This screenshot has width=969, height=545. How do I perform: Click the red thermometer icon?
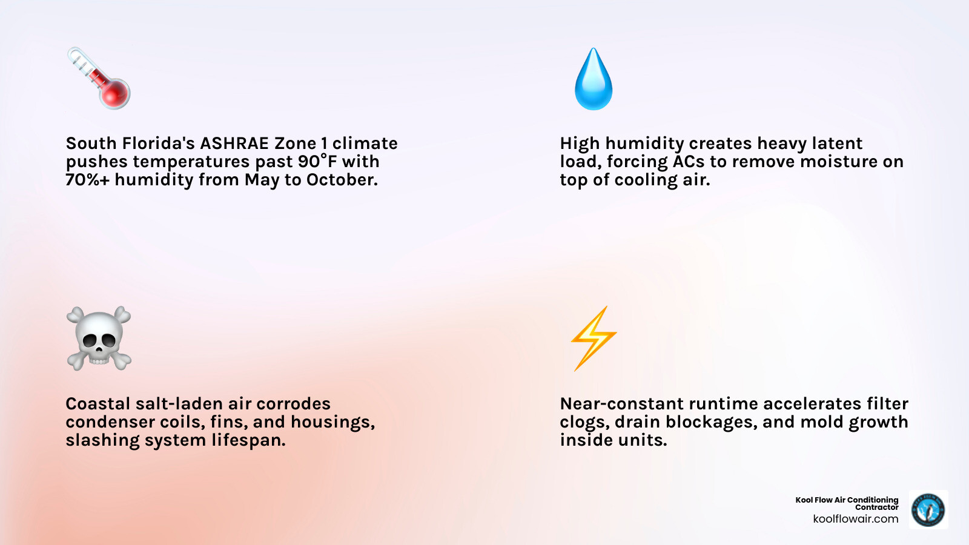pyautogui.click(x=99, y=79)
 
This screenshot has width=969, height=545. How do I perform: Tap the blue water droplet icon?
pyautogui.click(x=594, y=80)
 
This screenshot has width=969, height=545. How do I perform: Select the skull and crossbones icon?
pyautogui.click(x=99, y=338)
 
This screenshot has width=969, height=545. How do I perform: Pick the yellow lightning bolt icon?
pyautogui.click(x=594, y=338)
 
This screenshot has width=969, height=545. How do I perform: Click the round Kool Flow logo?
pyautogui.click(x=928, y=509)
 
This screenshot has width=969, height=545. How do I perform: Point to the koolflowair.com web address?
pyautogui.click(x=855, y=519)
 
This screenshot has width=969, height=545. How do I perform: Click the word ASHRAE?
pyautogui.click(x=234, y=144)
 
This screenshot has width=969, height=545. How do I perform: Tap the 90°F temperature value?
pyautogui.click(x=317, y=162)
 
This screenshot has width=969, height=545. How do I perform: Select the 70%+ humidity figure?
pyautogui.click(x=88, y=180)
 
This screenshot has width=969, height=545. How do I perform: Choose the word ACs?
pyautogui.click(x=689, y=162)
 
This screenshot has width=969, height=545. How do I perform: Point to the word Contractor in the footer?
pyautogui.click(x=876, y=507)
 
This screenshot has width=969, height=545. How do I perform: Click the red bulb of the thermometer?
pyautogui.click(x=116, y=94)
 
